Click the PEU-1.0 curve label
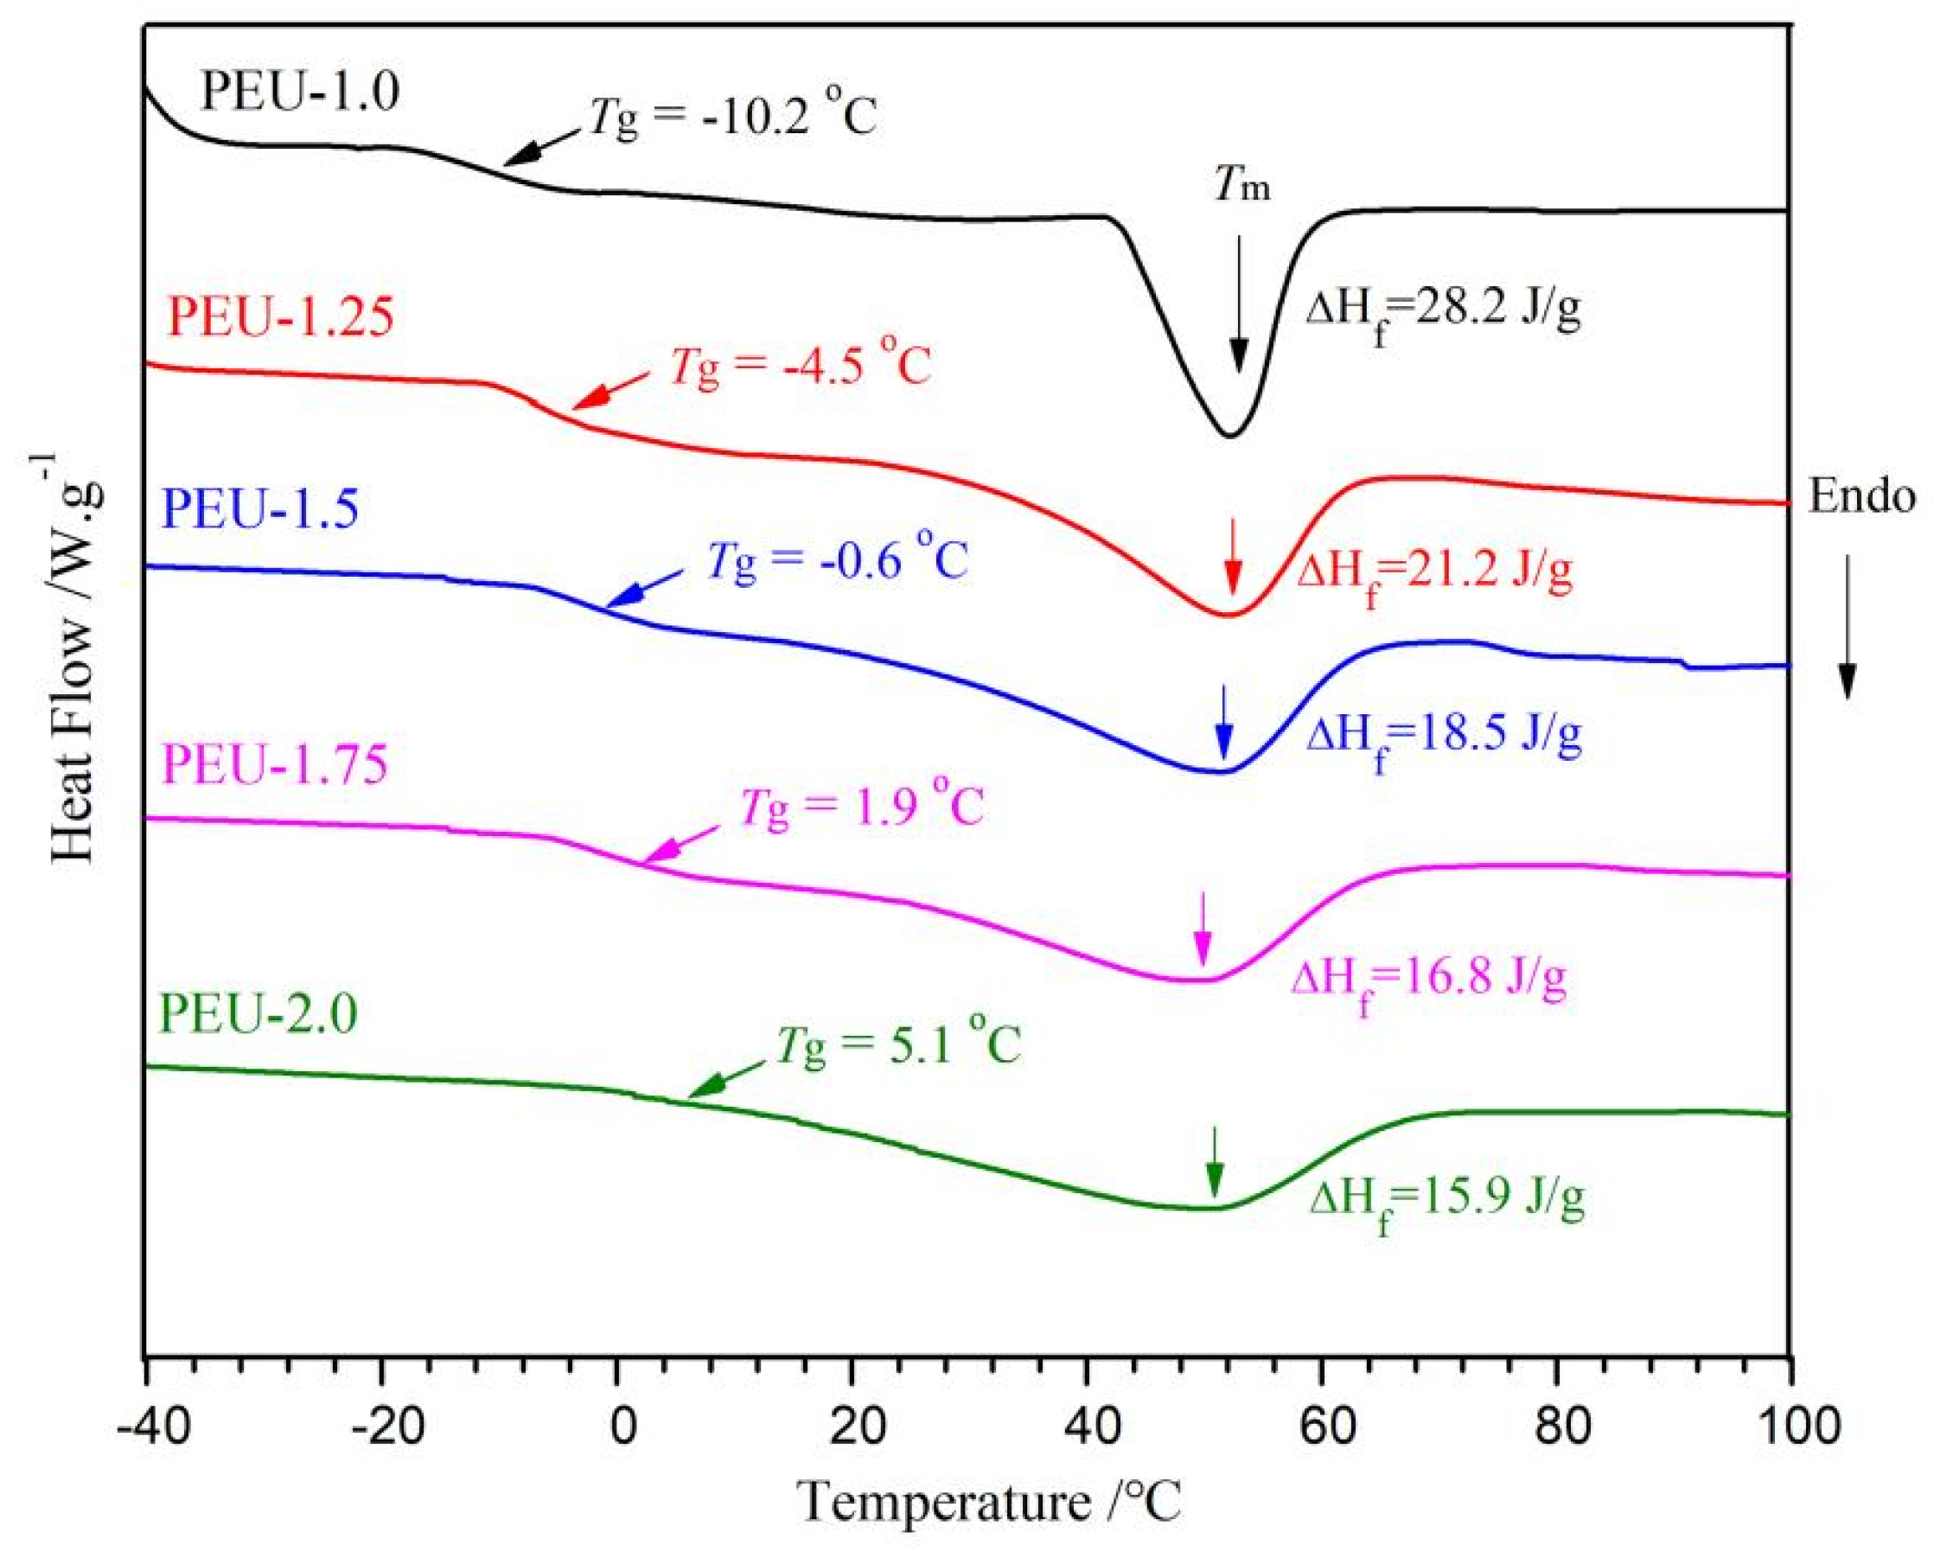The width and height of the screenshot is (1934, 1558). coord(299,92)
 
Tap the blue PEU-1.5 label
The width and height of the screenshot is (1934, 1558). coord(260,509)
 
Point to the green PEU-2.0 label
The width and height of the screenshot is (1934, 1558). coord(258,1013)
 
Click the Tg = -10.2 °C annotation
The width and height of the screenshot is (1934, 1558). coord(732,118)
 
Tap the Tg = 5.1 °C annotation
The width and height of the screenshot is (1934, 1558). coord(898,1045)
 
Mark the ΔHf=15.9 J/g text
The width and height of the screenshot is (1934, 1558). coord(1446,1201)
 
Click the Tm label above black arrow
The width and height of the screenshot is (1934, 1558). coord(1242,187)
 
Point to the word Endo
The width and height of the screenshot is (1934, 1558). coord(1861,496)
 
